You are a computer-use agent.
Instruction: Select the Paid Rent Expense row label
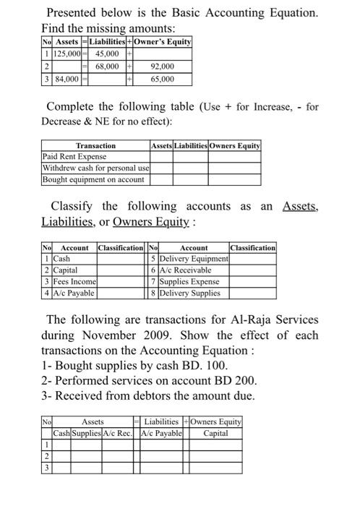pyautogui.click(x=74, y=156)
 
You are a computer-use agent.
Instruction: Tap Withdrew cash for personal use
pyautogui.click(x=94, y=168)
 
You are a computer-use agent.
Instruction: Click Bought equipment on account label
pyautogui.click(x=93, y=179)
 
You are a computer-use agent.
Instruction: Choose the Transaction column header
pyautogui.click(x=95, y=145)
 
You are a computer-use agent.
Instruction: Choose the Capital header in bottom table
pyautogui.click(x=215, y=433)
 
